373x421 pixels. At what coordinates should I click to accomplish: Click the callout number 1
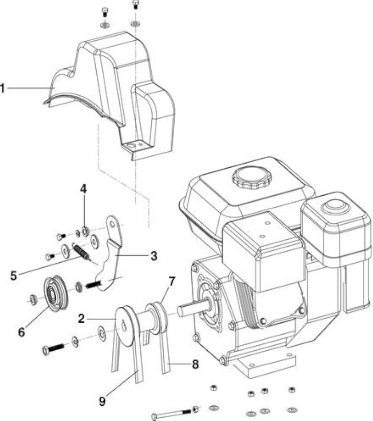[2, 88]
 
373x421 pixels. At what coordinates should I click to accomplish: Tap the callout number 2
[81, 319]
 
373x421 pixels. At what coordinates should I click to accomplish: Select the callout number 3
[154, 256]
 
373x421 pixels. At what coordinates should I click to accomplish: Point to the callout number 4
[83, 189]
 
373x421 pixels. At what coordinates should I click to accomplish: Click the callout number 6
[21, 332]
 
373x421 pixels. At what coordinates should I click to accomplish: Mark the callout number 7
[171, 281]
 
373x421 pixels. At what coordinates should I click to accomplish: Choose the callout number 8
[195, 364]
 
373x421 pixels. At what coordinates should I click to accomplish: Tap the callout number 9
[102, 401]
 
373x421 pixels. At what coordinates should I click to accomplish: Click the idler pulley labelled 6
[56, 294]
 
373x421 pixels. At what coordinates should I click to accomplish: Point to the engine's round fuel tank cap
[252, 178]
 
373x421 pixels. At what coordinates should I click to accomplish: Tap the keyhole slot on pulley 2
[124, 326]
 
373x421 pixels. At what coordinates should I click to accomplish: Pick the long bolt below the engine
[175, 412]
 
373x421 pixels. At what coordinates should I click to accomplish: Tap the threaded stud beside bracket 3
[93, 284]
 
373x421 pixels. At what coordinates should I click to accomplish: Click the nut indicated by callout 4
[85, 231]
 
